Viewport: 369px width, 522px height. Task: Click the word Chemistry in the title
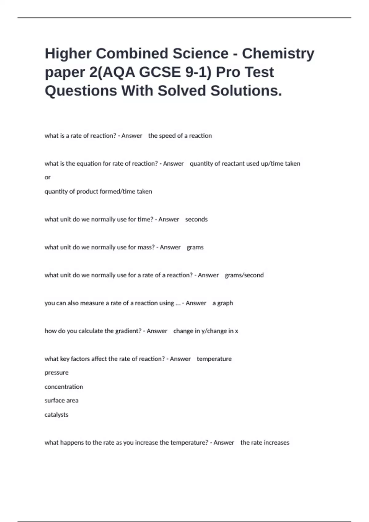[x=278, y=54]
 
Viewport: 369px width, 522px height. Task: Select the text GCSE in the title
[x=160, y=72]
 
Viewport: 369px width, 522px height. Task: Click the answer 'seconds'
[x=196, y=220]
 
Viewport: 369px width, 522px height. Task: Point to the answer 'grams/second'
[x=244, y=275]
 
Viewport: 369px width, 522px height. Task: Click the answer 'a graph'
[x=223, y=303]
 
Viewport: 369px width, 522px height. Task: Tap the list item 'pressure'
[x=57, y=373]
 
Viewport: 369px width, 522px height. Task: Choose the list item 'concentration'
[x=64, y=387]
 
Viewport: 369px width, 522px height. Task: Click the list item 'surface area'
[x=61, y=400]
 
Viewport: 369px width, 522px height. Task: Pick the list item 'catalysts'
[x=56, y=415]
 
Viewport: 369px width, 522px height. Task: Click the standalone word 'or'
[x=47, y=177]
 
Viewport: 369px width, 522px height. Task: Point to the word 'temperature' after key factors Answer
[x=214, y=359]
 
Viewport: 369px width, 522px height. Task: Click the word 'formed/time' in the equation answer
[x=120, y=192]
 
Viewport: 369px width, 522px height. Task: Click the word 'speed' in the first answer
[x=167, y=136]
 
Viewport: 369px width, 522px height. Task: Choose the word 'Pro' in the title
[x=228, y=72]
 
